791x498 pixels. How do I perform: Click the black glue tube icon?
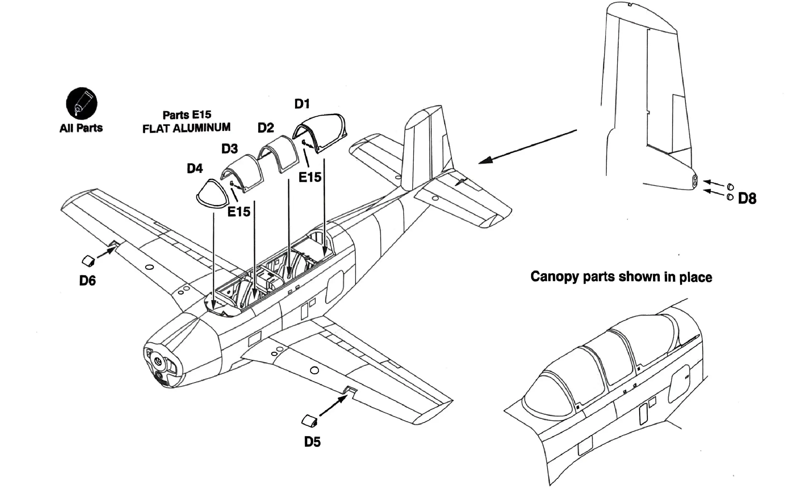[x=82, y=103]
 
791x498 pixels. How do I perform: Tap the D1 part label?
[x=302, y=104]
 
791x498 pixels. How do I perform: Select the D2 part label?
[x=265, y=128]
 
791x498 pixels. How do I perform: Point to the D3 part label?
[x=229, y=149]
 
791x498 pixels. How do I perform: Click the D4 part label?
[x=195, y=168]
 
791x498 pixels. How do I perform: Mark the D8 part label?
[x=747, y=198]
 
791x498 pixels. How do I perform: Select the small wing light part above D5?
[x=310, y=421]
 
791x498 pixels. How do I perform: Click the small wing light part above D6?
[x=88, y=261]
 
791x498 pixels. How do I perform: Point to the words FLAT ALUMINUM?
[x=186, y=128]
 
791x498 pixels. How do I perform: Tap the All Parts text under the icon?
[x=81, y=128]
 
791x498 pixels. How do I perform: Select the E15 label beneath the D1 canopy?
[x=310, y=177]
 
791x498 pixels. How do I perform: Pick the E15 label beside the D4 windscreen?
[x=239, y=212]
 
